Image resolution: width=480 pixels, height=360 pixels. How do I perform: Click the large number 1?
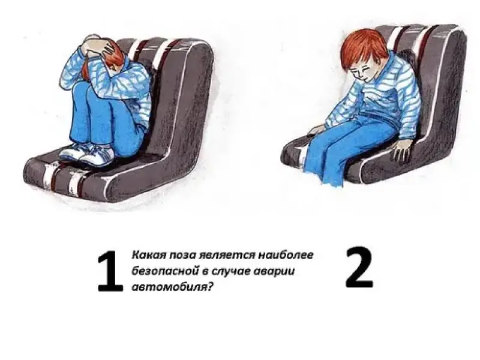coord(110,271)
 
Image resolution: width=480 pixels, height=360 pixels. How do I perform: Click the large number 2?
coord(359,268)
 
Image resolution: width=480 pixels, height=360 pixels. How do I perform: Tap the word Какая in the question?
coord(146,255)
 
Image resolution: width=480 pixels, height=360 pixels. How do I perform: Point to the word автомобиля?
coord(172,287)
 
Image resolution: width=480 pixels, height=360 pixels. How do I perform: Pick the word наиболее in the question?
coord(286,255)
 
